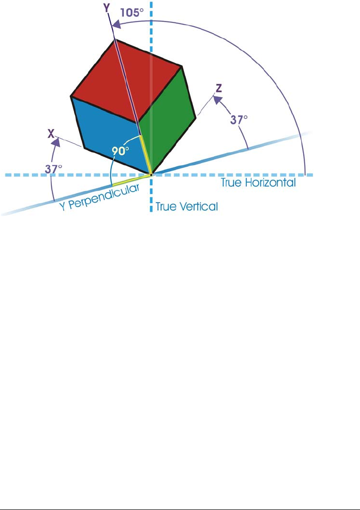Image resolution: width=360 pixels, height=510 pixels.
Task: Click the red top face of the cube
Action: [x=125, y=80]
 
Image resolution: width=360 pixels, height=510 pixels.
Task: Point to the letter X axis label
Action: [x=51, y=134]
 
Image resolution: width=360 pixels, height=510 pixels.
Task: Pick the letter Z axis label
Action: [x=218, y=88]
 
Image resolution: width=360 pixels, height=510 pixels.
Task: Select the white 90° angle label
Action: [x=122, y=150]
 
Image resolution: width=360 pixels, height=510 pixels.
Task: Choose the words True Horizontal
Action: [x=258, y=183]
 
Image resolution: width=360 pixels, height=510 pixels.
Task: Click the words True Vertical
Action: [x=187, y=206]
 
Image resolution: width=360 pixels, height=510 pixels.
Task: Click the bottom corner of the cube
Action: [x=151, y=174]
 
